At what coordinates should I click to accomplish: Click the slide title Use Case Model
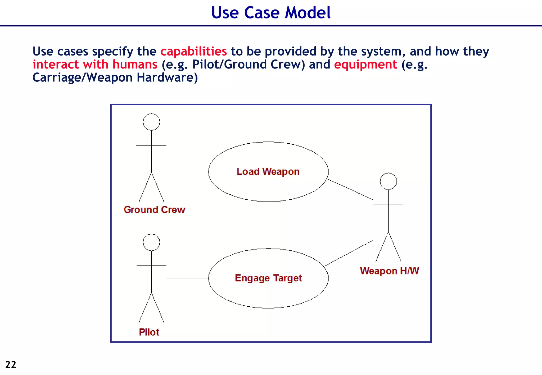(x=271, y=13)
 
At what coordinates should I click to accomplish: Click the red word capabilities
(x=193, y=51)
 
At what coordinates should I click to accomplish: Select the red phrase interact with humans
(x=95, y=65)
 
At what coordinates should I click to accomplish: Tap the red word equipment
(x=365, y=65)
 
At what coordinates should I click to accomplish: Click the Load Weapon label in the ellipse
(x=268, y=172)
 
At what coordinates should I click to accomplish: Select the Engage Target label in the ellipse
(x=268, y=278)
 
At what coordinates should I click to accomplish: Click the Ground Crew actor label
(x=154, y=210)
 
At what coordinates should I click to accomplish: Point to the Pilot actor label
(x=149, y=332)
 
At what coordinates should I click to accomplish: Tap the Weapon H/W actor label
(x=389, y=271)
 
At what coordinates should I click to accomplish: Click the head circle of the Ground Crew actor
(x=151, y=122)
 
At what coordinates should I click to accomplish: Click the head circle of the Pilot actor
(x=151, y=242)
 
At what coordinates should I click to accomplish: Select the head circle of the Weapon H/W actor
(x=388, y=181)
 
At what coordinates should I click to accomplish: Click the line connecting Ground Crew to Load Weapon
(x=187, y=171)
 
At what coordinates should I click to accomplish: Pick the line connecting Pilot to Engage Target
(x=188, y=278)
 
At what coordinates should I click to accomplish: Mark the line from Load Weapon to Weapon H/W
(x=350, y=189)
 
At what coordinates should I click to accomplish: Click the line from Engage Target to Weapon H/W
(x=348, y=253)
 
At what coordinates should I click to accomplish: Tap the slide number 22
(x=11, y=364)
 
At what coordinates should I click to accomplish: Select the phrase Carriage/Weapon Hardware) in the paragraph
(x=115, y=78)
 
